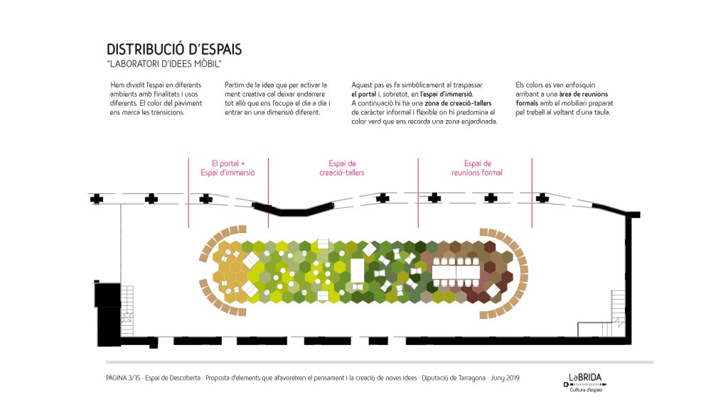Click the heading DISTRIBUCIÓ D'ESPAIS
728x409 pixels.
coord(174,50)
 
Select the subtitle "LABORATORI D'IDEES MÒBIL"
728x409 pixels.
coord(164,65)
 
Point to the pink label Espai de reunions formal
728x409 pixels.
coord(477,168)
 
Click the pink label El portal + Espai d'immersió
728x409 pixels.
coord(228,168)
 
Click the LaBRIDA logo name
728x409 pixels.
coord(584,377)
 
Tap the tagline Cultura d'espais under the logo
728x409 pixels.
coord(585,389)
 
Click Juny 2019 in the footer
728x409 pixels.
coord(505,378)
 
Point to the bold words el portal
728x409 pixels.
coord(363,94)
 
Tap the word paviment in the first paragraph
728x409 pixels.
coord(186,103)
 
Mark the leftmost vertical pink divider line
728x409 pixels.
coord(188,192)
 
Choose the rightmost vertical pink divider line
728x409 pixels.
coord(532,192)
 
